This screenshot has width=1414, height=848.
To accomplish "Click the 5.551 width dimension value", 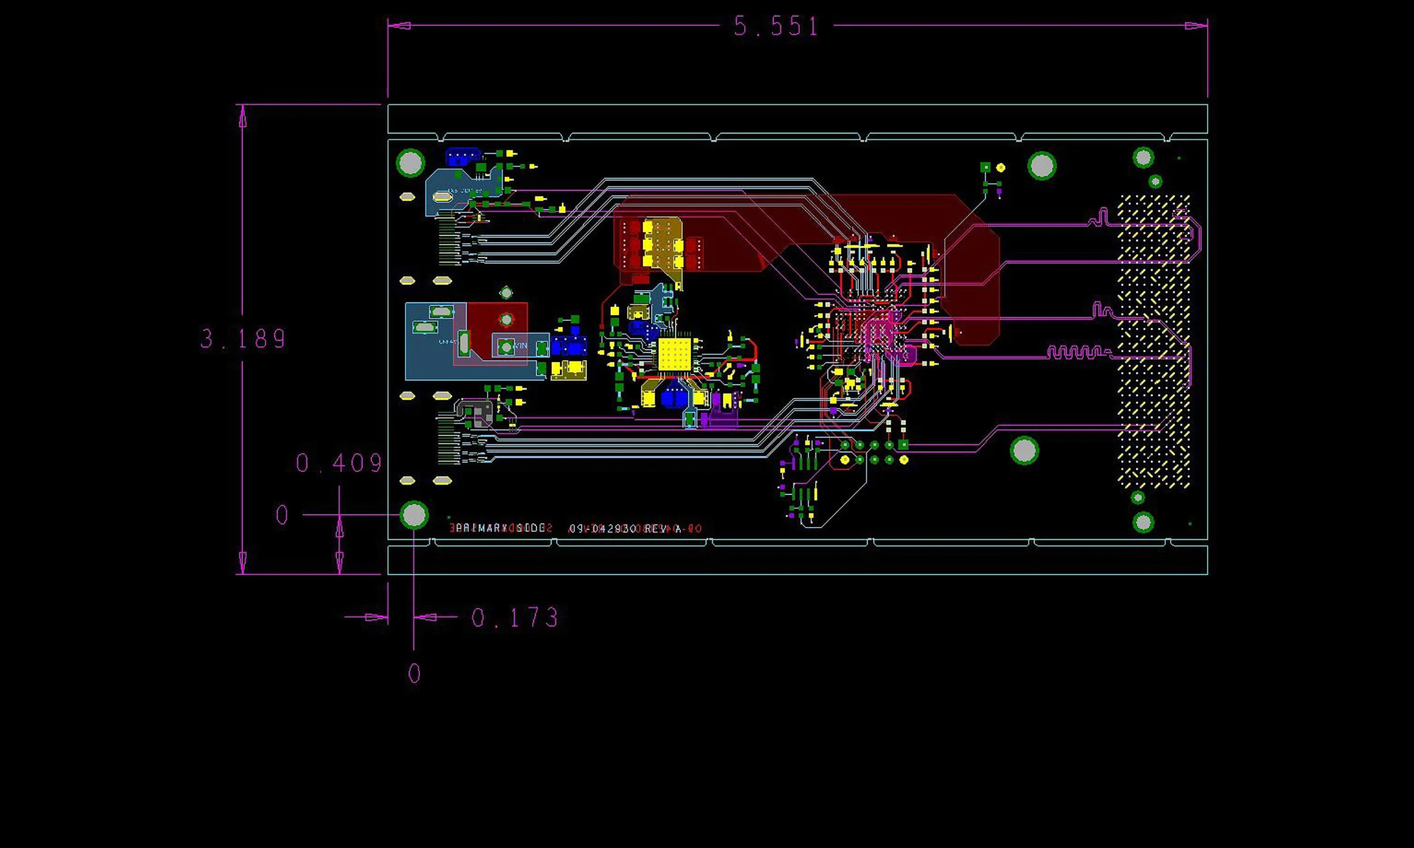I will pyautogui.click(x=776, y=26).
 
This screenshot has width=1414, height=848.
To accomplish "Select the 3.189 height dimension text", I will pyautogui.click(x=243, y=339).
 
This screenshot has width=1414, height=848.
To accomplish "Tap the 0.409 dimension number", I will pyautogui.click(x=339, y=464).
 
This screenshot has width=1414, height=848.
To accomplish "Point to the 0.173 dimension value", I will pyautogui.click(x=515, y=618).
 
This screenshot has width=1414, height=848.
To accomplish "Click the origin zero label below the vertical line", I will pyautogui.click(x=415, y=674).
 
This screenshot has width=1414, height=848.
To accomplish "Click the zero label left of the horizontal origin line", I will pyautogui.click(x=282, y=516).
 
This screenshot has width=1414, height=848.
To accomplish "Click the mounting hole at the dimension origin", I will pyautogui.click(x=415, y=516).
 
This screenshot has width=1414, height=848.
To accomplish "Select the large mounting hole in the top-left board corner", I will pyautogui.click(x=410, y=163).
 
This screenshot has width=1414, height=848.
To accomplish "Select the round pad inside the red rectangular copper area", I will pyautogui.click(x=506, y=319).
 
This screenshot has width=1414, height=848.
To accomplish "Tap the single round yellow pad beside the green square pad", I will pyautogui.click(x=1000, y=167).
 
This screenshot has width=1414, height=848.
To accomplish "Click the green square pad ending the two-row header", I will pyautogui.click(x=903, y=444).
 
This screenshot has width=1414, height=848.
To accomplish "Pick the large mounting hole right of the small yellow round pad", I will pyautogui.click(x=1041, y=166).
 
